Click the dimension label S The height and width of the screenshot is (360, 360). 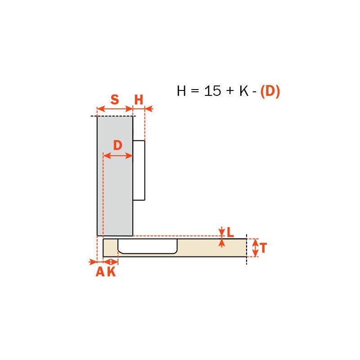tap(115, 99)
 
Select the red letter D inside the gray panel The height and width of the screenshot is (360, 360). tap(117, 145)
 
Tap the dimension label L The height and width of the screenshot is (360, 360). tap(230, 232)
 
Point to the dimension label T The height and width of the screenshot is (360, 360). tap(264, 248)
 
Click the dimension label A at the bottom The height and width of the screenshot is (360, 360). tap(100, 272)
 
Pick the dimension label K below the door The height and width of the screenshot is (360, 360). tap(111, 272)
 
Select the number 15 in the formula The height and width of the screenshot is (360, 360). tap(212, 91)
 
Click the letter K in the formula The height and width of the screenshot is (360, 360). tap(244, 91)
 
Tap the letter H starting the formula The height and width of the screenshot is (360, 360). tap(181, 91)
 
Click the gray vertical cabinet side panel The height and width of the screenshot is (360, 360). tap(115, 193)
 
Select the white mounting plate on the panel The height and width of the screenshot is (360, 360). tap(139, 170)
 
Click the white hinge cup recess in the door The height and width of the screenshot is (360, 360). tap(148, 246)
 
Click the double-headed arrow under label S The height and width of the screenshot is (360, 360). tap(115, 108)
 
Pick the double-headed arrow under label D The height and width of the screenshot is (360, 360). tap(118, 156)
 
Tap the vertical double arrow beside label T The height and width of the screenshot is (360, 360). tap(255, 248)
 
